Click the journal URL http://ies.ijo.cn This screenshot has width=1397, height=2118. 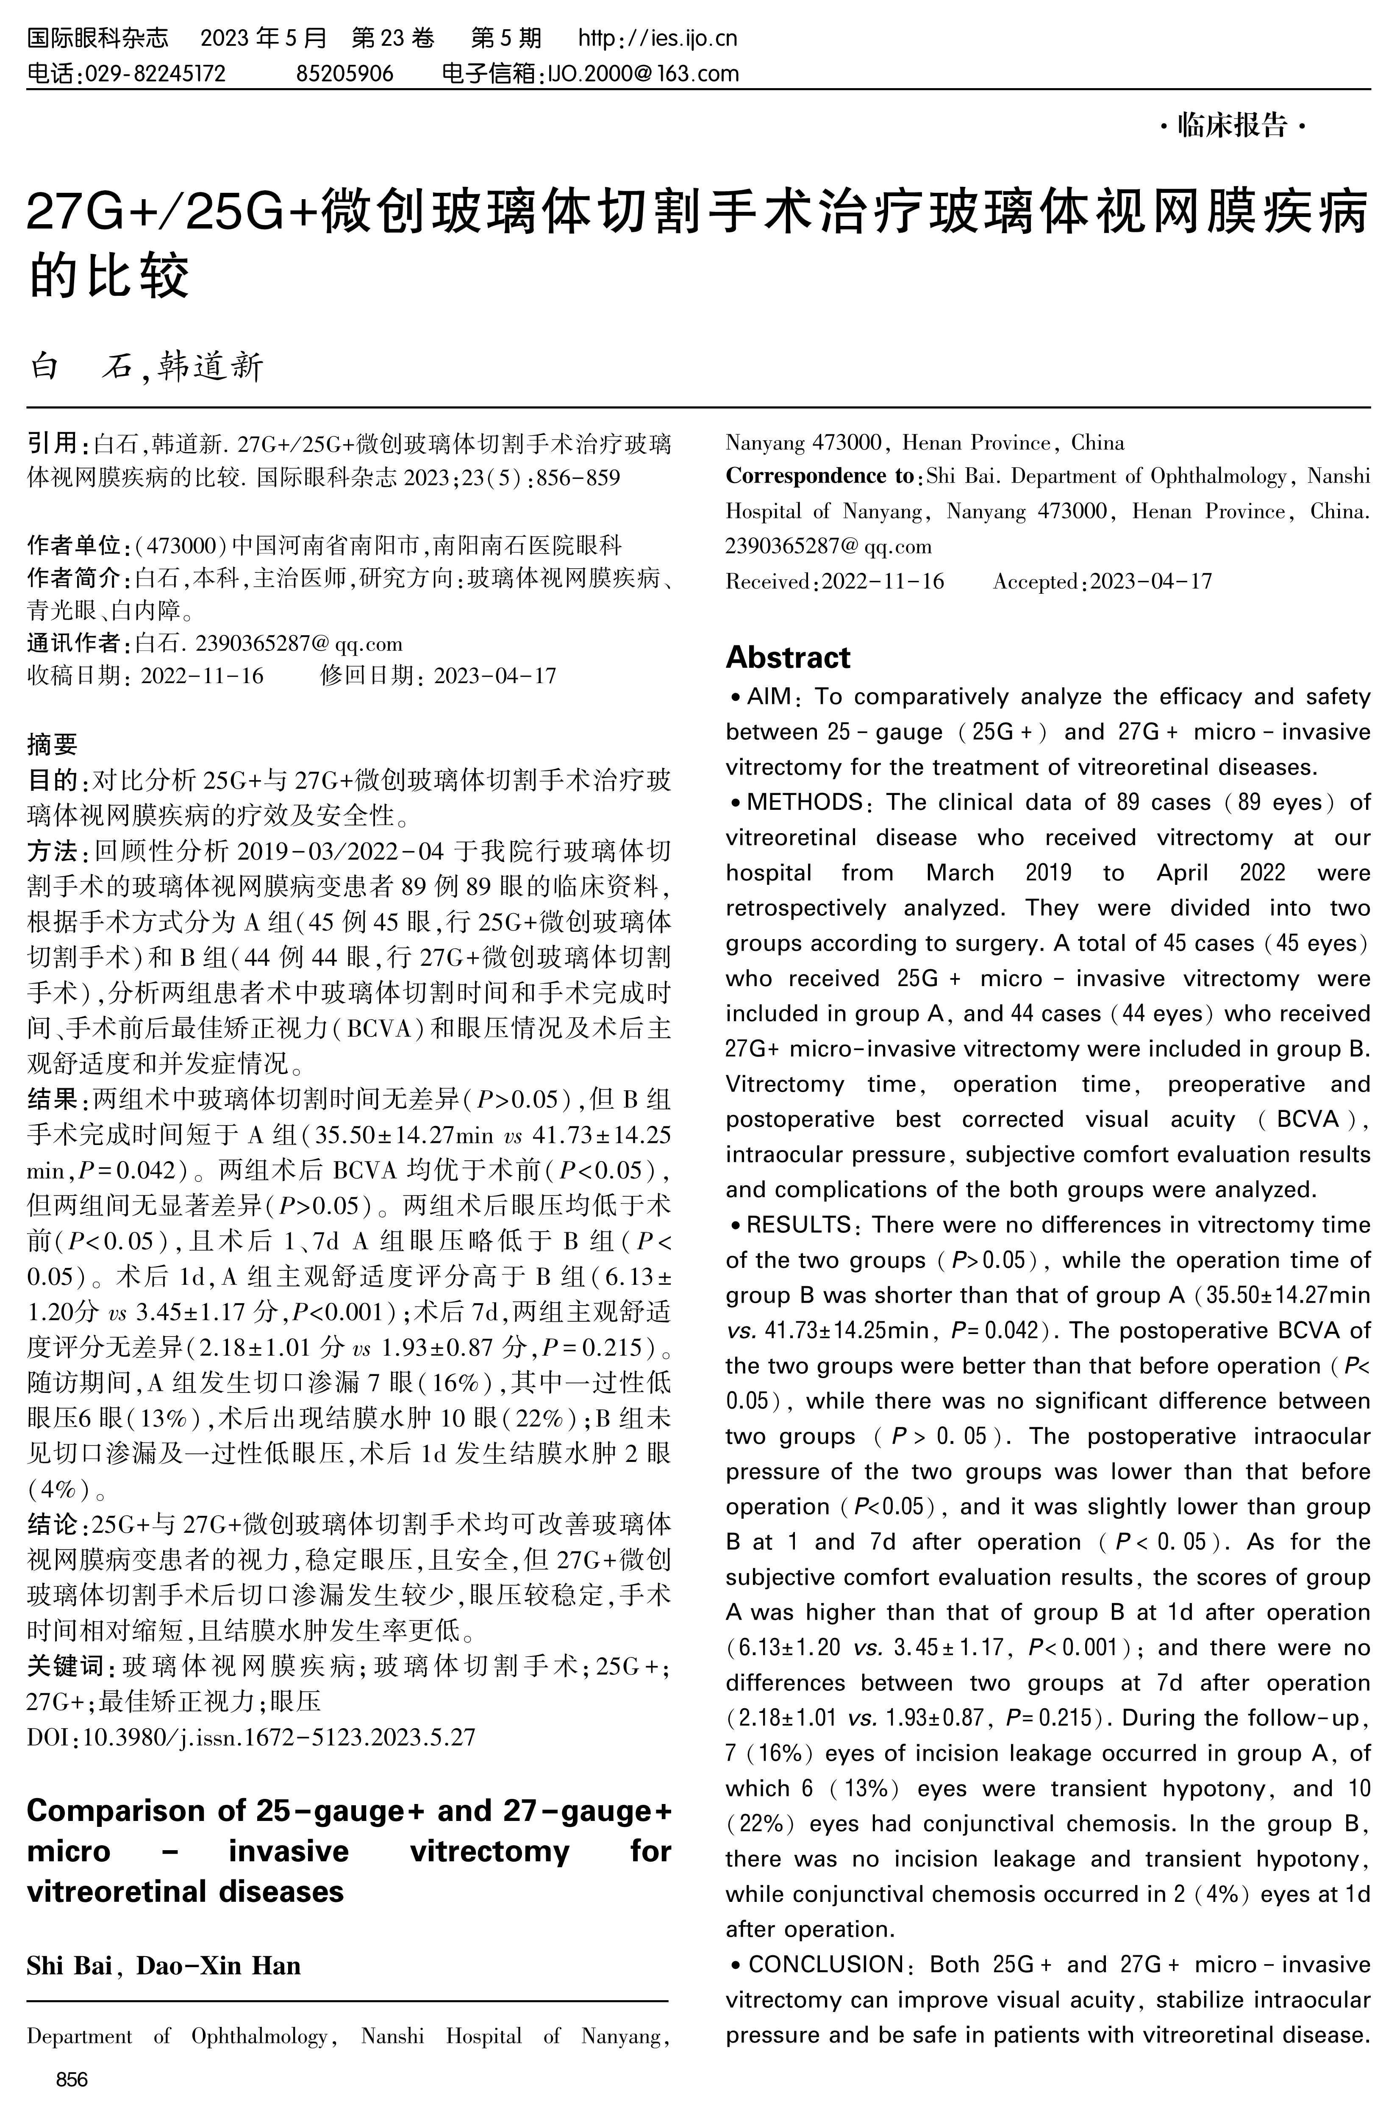tap(658, 38)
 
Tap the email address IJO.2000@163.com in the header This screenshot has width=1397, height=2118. tap(642, 73)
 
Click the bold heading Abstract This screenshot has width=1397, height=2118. tap(788, 658)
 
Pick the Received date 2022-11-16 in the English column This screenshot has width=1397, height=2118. tap(882, 582)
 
